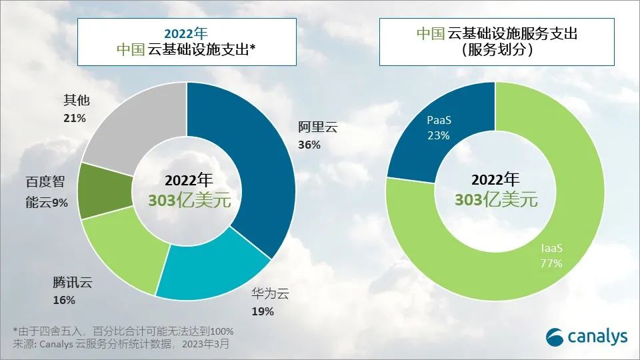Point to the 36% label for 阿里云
tap(309, 145)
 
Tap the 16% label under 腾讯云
tap(64, 300)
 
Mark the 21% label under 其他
tap(74, 118)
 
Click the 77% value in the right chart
tap(551, 263)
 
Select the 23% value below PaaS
tap(439, 135)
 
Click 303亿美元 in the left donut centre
tap(188, 200)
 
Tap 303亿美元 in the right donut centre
tap(495, 200)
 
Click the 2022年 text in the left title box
tap(187, 33)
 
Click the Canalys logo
tap(587, 337)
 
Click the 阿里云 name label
tap(318, 128)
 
